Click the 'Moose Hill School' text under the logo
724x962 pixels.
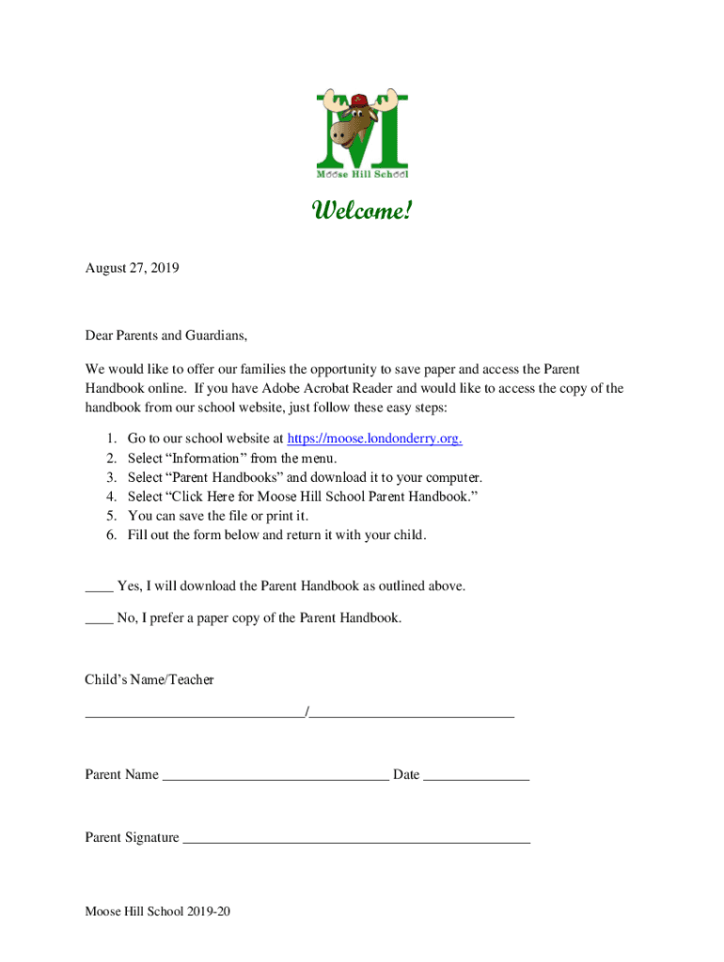tap(362, 174)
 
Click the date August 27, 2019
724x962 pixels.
tap(132, 268)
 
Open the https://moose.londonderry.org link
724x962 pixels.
tap(373, 439)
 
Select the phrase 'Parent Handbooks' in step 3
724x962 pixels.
tap(224, 477)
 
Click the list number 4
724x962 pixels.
tap(110, 496)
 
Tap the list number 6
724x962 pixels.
tap(110, 535)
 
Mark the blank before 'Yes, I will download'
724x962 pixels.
tap(99, 588)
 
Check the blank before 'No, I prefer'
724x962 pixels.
tap(99, 620)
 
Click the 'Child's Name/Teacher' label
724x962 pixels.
tap(150, 679)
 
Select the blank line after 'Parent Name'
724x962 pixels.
tap(275, 776)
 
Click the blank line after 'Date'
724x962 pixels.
tap(476, 776)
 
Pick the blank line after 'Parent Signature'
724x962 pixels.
tap(356, 839)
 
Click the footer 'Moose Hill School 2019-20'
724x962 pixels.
tap(158, 911)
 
